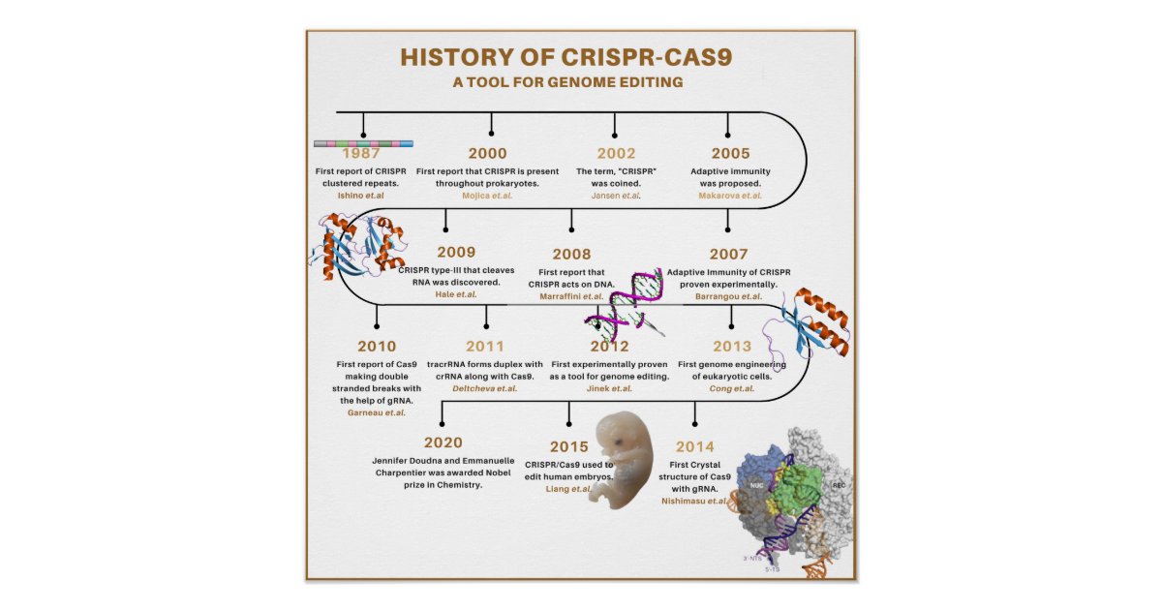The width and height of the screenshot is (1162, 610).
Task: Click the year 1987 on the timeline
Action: pyautogui.click(x=360, y=153)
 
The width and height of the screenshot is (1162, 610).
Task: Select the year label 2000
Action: pyautogui.click(x=487, y=153)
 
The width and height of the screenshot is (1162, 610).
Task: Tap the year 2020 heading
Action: pyautogui.click(x=443, y=442)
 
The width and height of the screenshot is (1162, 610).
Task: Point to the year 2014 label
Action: pyautogui.click(x=695, y=446)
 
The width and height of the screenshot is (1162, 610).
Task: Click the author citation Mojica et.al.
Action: pyautogui.click(x=487, y=196)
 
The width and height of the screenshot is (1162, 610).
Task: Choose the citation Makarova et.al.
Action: pyautogui.click(x=730, y=196)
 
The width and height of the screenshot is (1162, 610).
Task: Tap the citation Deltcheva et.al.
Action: pyautogui.click(x=485, y=388)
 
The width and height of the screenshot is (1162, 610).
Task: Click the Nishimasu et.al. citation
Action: pyautogui.click(x=694, y=502)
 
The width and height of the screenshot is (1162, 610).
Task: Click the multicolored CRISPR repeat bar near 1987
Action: pyautogui.click(x=364, y=143)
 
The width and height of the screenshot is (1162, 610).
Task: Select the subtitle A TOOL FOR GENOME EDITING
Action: pyautogui.click(x=567, y=82)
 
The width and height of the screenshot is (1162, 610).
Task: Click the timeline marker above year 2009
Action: pyautogui.click(x=444, y=230)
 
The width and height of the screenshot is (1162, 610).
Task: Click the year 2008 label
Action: pyautogui.click(x=571, y=254)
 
